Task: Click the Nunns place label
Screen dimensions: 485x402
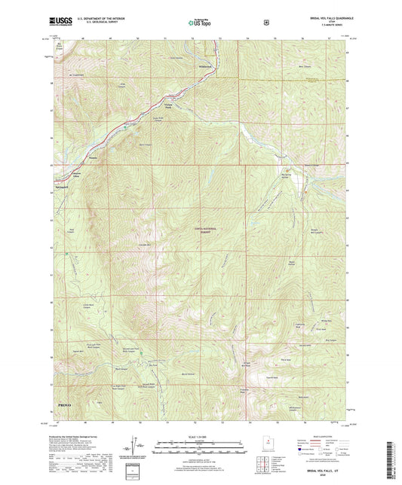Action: coord(94,158)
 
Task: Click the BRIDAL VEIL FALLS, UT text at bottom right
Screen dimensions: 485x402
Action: coord(325,466)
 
